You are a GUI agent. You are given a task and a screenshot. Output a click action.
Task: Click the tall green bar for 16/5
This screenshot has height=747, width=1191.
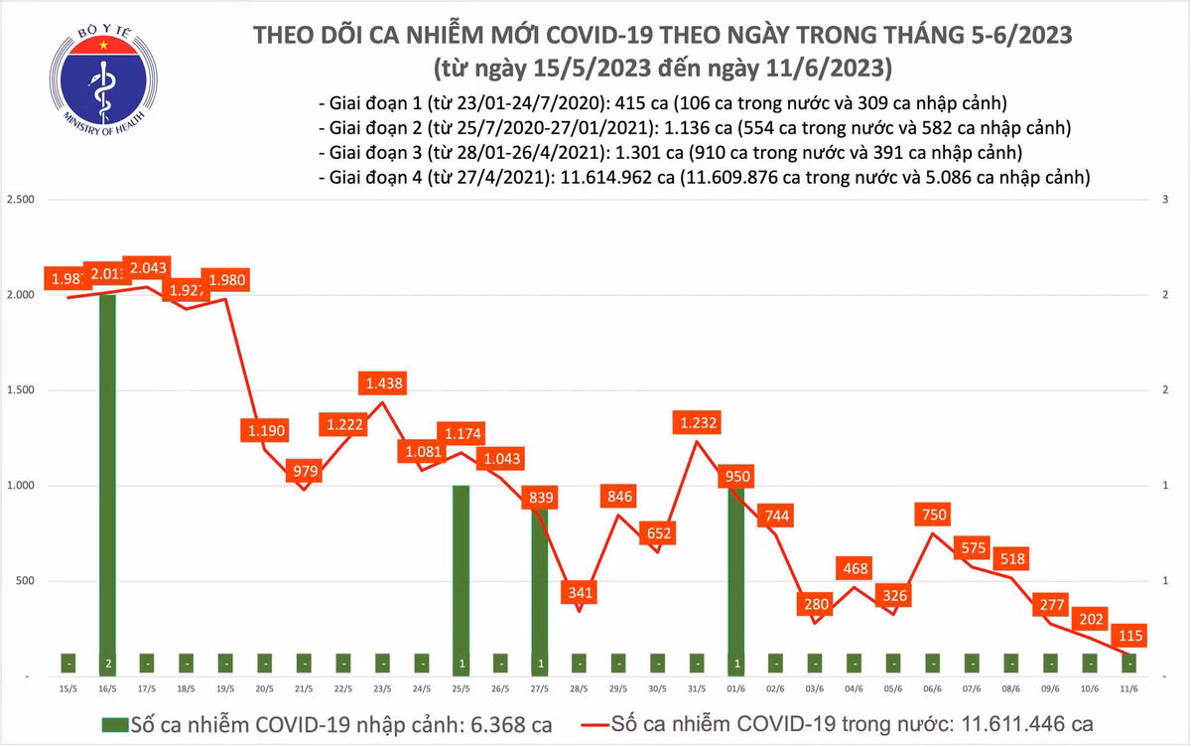(x=107, y=477)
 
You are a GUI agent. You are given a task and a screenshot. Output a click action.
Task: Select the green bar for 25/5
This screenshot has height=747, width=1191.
(x=461, y=576)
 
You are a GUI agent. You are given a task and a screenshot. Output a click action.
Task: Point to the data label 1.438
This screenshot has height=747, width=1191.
(x=384, y=382)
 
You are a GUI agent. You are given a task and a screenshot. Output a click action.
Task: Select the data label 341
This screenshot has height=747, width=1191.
(x=579, y=593)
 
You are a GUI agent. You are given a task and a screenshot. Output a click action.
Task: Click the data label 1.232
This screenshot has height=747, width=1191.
(x=699, y=423)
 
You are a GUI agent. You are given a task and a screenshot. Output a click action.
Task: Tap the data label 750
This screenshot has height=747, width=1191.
(x=935, y=514)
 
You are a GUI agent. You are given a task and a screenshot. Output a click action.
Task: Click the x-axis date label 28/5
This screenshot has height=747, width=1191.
(x=578, y=686)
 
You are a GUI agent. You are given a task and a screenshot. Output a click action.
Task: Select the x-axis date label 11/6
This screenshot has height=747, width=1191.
(x=1127, y=686)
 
